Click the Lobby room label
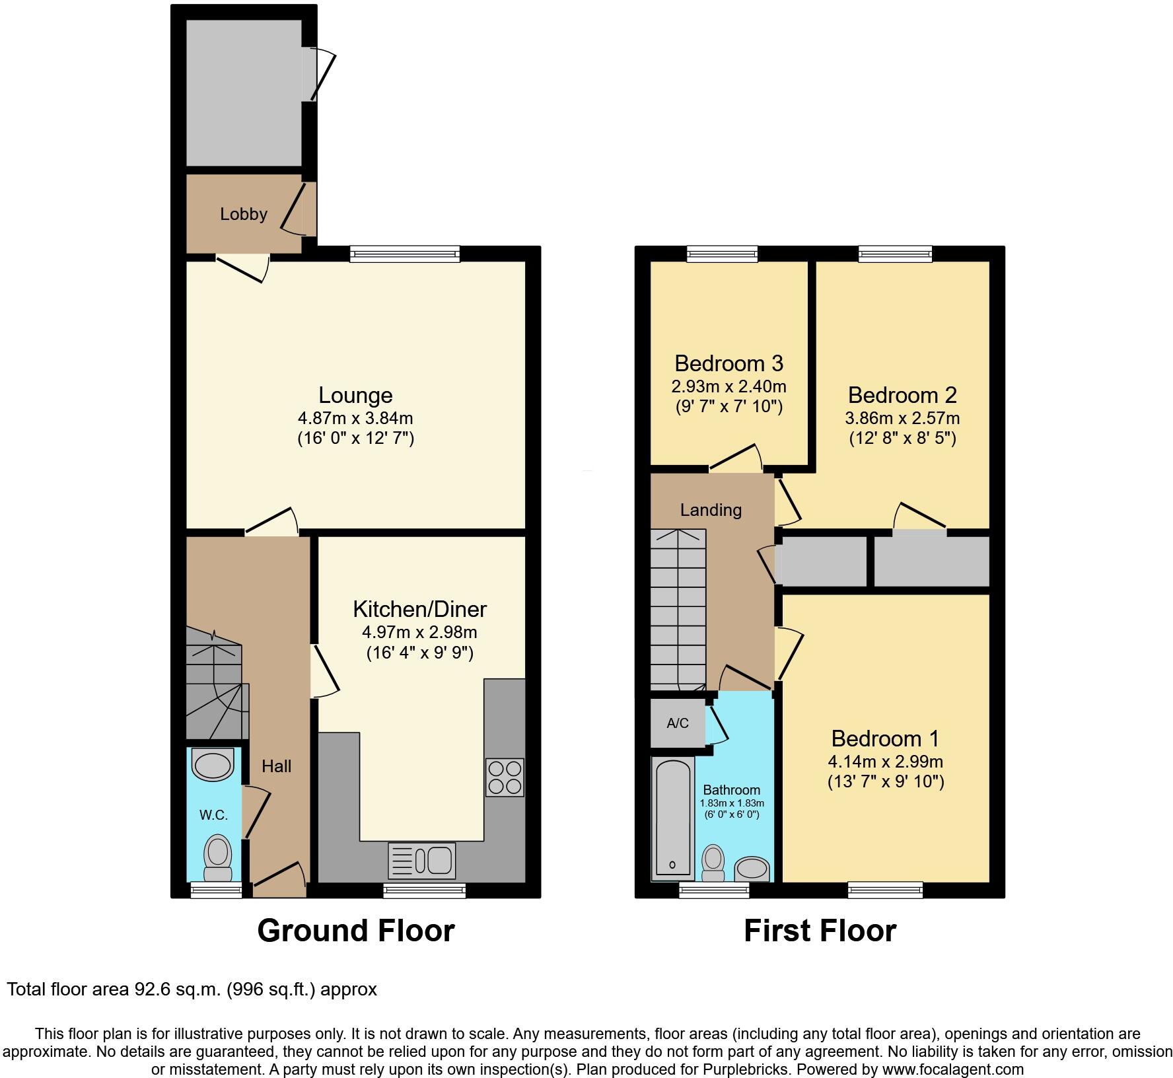(x=244, y=214)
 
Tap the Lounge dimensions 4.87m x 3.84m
(x=355, y=417)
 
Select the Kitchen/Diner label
(x=419, y=608)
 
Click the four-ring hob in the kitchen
(x=505, y=777)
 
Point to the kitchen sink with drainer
(x=422, y=860)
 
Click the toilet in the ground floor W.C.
(x=218, y=857)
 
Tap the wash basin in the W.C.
(x=213, y=765)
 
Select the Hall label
(x=276, y=766)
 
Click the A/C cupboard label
(x=678, y=723)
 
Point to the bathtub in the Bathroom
(x=672, y=819)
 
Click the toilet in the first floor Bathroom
(x=713, y=862)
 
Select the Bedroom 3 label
(x=729, y=363)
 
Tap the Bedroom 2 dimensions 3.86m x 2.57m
(x=902, y=417)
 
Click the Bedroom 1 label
(x=885, y=738)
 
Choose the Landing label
(x=711, y=510)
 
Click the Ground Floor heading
(x=355, y=931)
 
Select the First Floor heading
(x=820, y=931)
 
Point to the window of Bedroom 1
(x=885, y=890)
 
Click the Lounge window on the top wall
(x=404, y=254)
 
